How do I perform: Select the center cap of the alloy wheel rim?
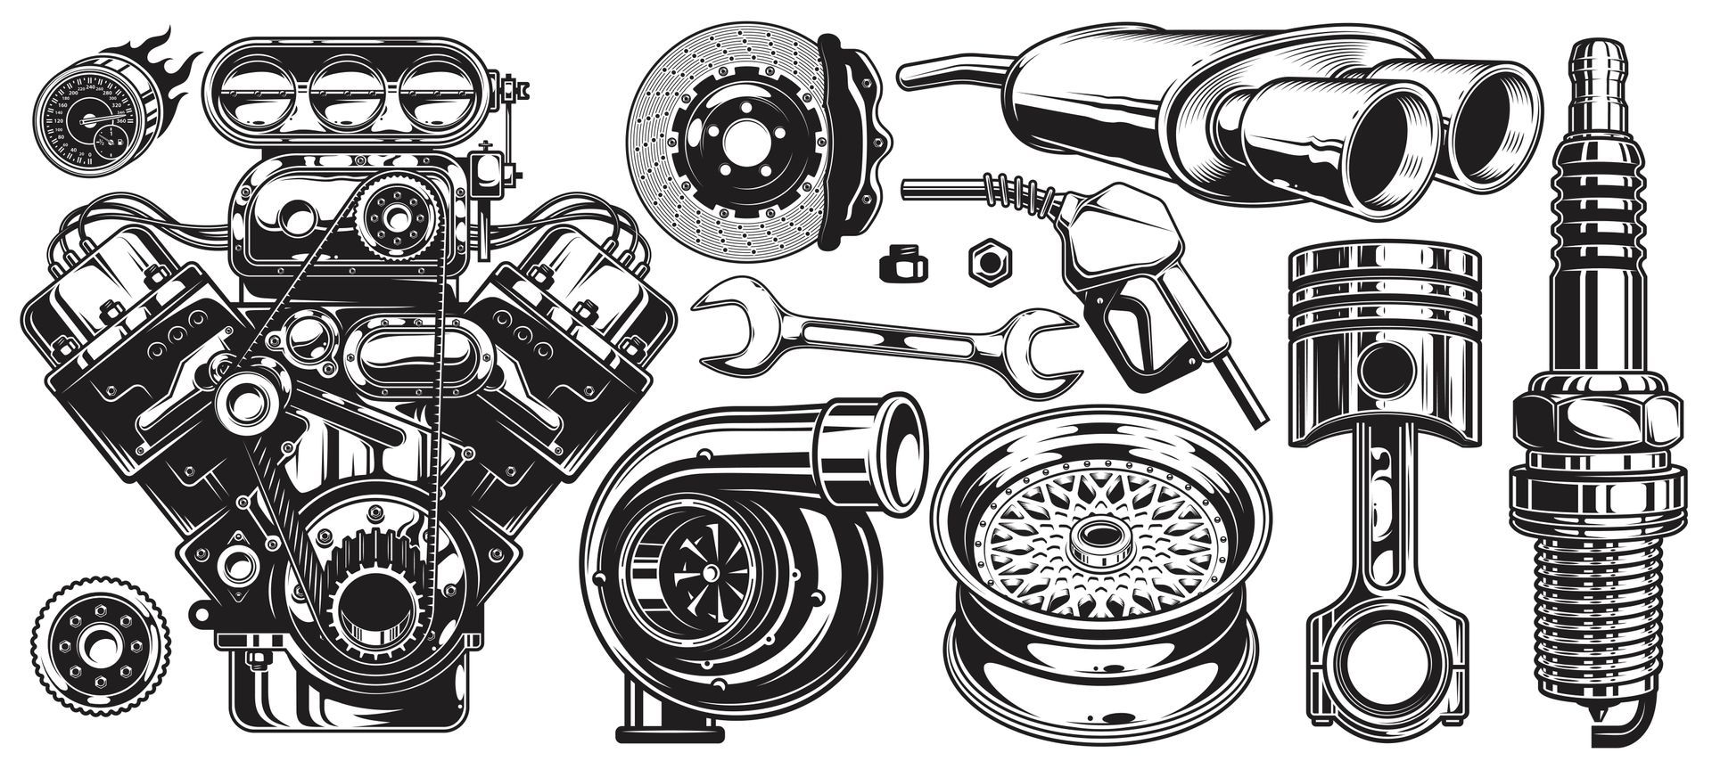(x=1096, y=538)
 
